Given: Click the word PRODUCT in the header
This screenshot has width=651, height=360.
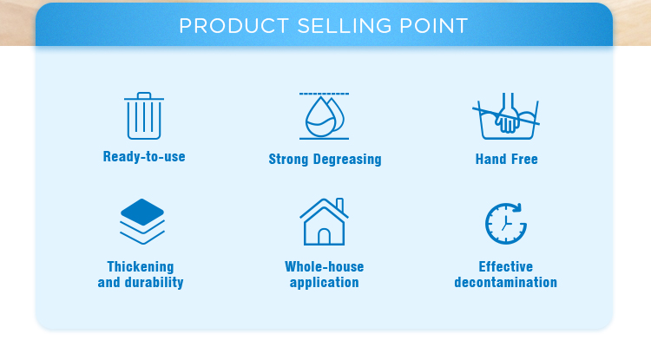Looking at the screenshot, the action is [233, 26].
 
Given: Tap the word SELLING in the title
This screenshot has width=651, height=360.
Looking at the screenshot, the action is [345, 26].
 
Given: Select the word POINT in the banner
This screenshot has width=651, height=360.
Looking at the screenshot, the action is [433, 26].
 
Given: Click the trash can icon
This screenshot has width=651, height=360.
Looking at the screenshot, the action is [143, 115].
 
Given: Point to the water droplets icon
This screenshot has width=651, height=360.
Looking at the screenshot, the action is [325, 115].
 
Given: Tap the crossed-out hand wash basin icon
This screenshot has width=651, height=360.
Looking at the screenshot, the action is [506, 115].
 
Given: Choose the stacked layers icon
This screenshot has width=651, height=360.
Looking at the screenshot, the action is [142, 221].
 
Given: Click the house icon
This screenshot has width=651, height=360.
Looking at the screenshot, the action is [324, 221].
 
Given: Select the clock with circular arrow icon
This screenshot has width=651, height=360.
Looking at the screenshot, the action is [506, 224].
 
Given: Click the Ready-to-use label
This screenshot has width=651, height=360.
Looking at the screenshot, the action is [144, 157].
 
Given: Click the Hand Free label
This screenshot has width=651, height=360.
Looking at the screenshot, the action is [507, 160].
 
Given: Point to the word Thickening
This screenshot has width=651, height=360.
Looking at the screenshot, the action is [141, 266].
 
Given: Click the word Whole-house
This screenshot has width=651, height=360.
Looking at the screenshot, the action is [325, 266].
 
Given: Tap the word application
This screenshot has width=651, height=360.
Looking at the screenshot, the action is [325, 283].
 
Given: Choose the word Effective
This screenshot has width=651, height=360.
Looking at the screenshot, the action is [506, 266].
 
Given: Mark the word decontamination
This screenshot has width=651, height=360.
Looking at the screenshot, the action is [506, 283].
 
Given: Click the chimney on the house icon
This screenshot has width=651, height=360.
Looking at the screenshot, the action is [339, 205].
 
